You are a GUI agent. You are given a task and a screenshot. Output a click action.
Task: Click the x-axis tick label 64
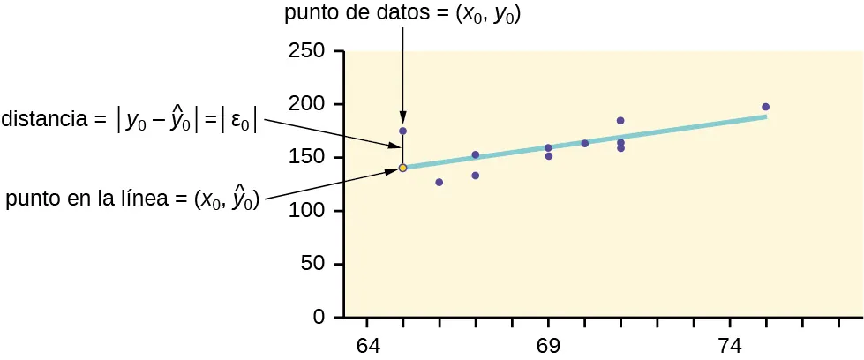(367, 345)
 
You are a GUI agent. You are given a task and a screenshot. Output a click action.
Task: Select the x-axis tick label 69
(548, 345)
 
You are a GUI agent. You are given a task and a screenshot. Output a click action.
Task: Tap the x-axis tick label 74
(730, 345)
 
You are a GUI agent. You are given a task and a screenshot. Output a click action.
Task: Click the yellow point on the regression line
(402, 168)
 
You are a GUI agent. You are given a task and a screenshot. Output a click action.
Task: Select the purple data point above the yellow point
(402, 131)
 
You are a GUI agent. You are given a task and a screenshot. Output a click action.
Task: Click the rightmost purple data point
(765, 107)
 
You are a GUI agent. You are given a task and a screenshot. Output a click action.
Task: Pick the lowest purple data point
(439, 183)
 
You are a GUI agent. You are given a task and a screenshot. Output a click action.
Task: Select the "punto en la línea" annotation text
(132, 200)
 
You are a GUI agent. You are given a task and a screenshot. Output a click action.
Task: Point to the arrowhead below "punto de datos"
(402, 118)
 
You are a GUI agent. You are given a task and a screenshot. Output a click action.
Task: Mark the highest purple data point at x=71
(620, 120)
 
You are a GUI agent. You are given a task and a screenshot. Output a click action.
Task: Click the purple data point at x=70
(584, 143)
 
